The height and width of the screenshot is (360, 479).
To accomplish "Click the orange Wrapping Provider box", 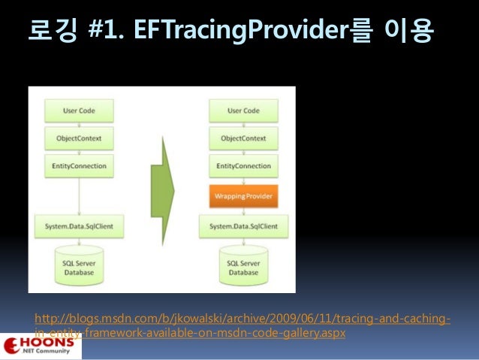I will pyautogui.click(x=243, y=197).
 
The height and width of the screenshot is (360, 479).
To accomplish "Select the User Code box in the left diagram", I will pyautogui.click(x=78, y=111).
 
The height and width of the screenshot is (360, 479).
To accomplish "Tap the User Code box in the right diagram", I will pyautogui.click(x=243, y=111).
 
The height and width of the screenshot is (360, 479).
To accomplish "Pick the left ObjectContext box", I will pyautogui.click(x=78, y=139).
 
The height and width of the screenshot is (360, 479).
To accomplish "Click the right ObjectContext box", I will pyautogui.click(x=243, y=139).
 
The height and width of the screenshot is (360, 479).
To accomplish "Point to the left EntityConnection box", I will pyautogui.click(x=78, y=166).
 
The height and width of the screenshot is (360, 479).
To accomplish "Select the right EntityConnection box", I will pyautogui.click(x=243, y=166).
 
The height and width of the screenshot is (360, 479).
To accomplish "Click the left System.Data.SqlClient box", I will pyautogui.click(x=78, y=225).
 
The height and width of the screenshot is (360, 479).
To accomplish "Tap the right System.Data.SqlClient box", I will pyautogui.click(x=243, y=225).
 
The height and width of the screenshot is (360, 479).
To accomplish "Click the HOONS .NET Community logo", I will pyautogui.click(x=41, y=346).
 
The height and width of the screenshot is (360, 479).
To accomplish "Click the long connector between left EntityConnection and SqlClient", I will pyautogui.click(x=78, y=195).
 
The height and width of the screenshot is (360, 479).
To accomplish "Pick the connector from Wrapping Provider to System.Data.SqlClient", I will pyautogui.click(x=243, y=212).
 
